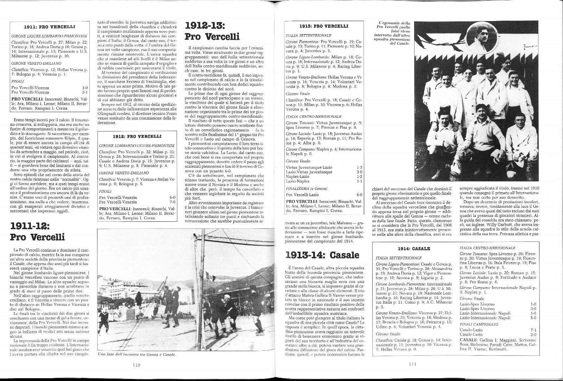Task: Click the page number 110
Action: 137,365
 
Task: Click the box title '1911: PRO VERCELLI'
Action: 50,26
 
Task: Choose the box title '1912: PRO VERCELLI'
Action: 137,136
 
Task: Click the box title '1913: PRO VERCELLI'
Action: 323,26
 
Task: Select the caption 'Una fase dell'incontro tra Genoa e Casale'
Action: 137,354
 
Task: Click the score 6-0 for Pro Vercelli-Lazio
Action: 359,194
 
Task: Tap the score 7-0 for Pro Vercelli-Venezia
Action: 172,202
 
